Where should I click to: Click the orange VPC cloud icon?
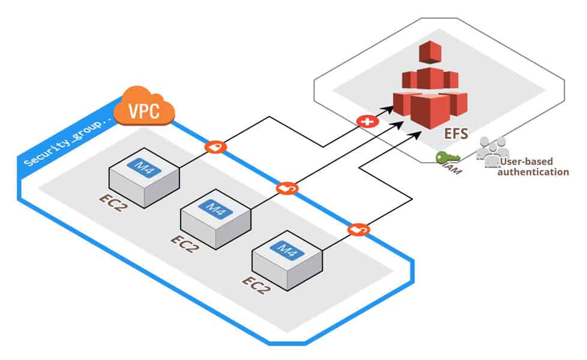[144, 107]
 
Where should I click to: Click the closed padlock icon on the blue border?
[215, 146]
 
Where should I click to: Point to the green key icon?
[448, 158]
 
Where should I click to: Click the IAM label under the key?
[454, 170]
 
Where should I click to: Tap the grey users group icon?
[492, 148]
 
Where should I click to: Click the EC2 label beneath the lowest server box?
[256, 284]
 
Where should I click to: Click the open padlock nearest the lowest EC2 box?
[358, 229]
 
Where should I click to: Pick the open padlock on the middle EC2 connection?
[287, 188]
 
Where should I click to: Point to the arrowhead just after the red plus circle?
[390, 110]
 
